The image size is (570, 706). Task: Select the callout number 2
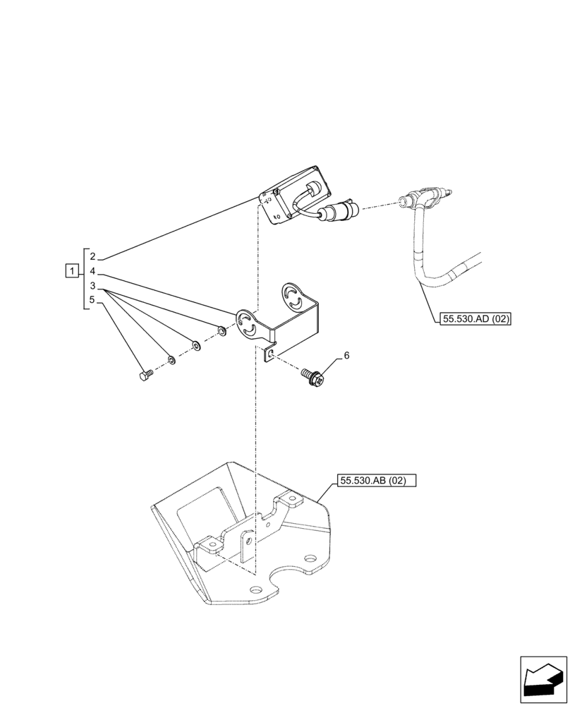[92, 257]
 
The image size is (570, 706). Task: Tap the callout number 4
[92, 271]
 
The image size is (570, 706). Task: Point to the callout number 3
[92, 286]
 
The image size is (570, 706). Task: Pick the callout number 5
[92, 300]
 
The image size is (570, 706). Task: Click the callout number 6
[346, 355]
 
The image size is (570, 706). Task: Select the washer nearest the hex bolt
[171, 361]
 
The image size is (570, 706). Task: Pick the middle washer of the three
[196, 346]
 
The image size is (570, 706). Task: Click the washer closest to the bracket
[222, 330]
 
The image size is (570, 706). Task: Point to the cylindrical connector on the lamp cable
[343, 210]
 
